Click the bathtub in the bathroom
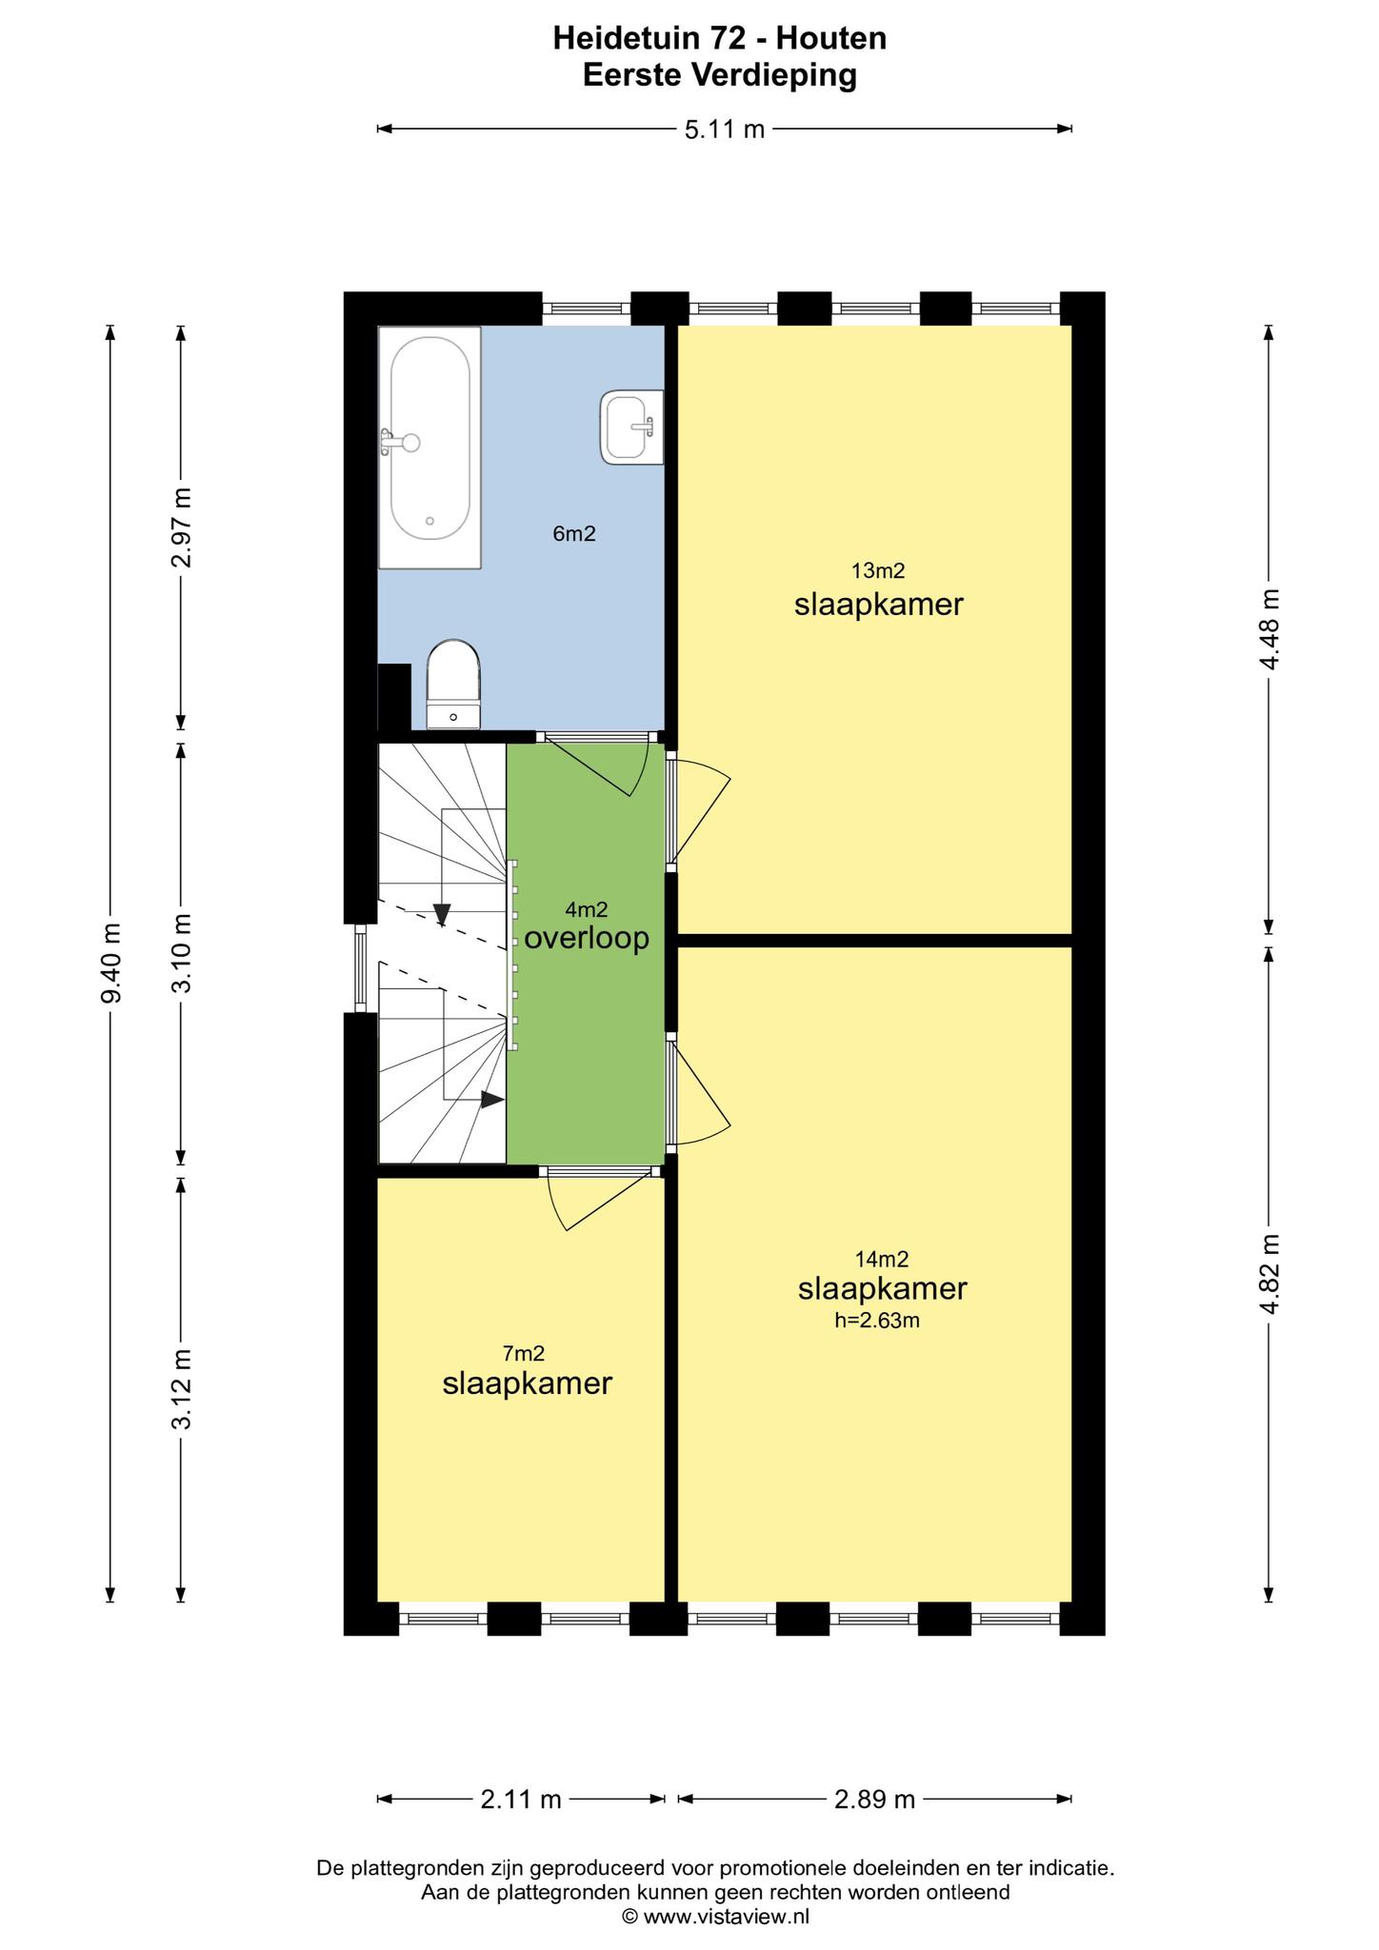tap(430, 448)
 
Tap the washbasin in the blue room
tap(631, 428)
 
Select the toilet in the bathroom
tap(453, 684)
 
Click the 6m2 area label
tap(574, 534)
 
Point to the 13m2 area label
tap(878, 571)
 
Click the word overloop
tap(587, 938)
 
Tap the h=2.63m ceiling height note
tap(877, 1320)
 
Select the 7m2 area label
tap(524, 1353)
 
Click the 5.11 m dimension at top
tap(725, 129)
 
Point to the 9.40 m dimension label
tap(110, 963)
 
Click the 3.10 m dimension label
tap(181, 953)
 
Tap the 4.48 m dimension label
tap(1269, 628)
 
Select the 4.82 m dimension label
tap(1269, 1274)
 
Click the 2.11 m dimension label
tap(521, 1799)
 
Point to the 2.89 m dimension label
tap(874, 1799)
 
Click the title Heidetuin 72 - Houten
tap(720, 38)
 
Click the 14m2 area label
tap(882, 1259)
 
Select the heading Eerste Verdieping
tap(720, 75)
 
